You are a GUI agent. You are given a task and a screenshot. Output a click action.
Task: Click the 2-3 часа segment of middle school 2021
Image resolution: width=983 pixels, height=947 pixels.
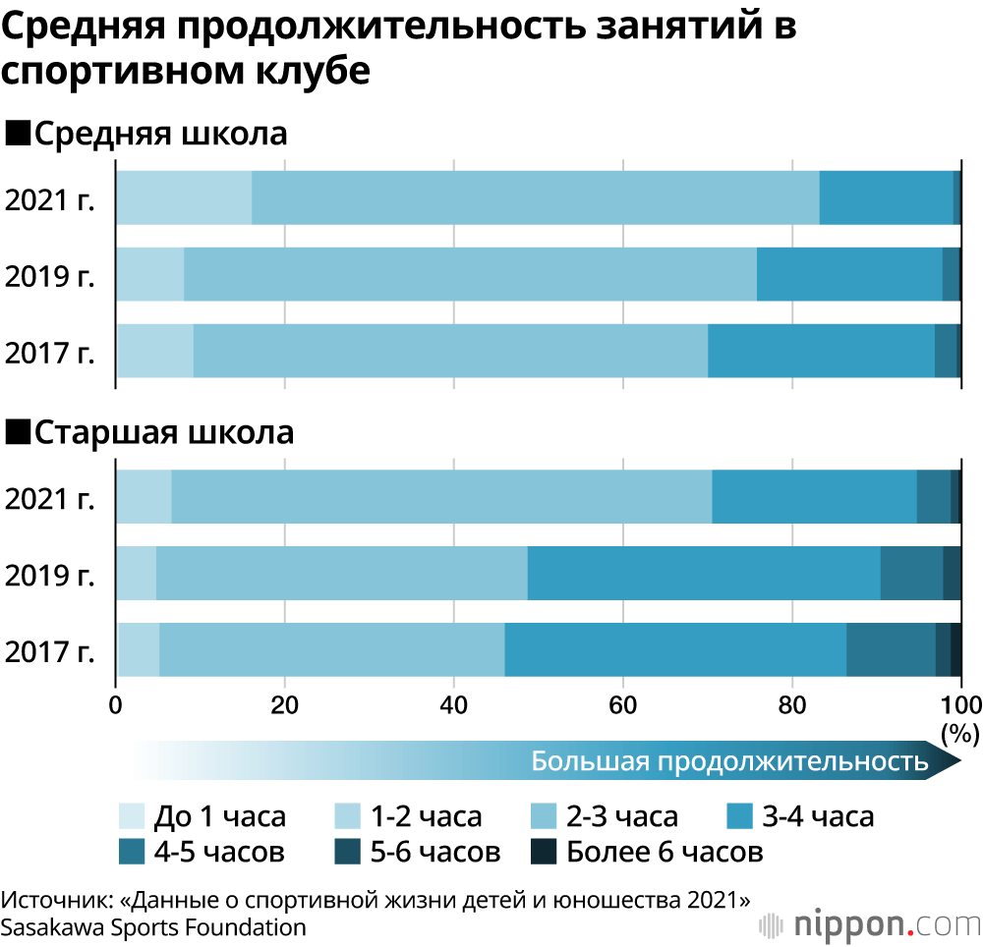tap(536, 196)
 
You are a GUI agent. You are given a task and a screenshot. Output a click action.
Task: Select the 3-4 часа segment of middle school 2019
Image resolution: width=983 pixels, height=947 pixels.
tap(849, 274)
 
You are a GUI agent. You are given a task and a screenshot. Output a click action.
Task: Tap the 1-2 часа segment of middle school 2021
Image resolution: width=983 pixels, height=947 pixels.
tap(185, 196)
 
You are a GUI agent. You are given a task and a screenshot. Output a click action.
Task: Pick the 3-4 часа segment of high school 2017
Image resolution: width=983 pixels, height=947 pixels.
tap(675, 649)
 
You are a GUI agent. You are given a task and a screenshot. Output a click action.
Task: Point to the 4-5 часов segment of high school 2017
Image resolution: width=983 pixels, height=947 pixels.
tap(891, 649)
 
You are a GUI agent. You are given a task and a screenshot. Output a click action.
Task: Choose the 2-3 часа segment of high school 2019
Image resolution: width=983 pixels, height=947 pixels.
tap(341, 573)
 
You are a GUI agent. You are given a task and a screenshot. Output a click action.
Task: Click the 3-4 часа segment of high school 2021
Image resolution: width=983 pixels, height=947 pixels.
tap(814, 496)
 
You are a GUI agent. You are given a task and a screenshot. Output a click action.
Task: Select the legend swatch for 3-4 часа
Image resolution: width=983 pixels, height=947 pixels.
tap(740, 816)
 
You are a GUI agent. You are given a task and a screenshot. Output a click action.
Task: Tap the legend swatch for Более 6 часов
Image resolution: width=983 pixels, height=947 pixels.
tap(544, 852)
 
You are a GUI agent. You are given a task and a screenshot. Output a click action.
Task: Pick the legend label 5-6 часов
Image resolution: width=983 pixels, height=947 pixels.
tap(432, 852)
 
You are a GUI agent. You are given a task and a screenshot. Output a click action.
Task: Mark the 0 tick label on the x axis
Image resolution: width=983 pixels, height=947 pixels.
tap(116, 704)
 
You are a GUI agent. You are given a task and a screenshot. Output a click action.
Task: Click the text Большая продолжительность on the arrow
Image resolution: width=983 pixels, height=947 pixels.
tap(729, 761)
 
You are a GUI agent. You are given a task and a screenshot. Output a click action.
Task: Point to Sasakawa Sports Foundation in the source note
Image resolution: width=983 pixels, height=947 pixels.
tap(153, 926)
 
